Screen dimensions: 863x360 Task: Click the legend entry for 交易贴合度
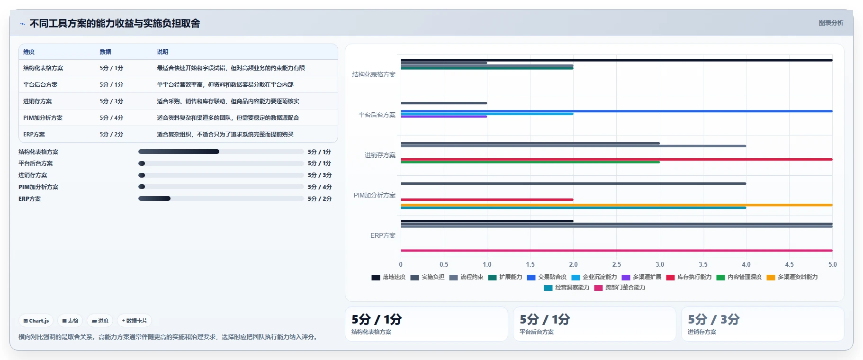(x=547, y=277)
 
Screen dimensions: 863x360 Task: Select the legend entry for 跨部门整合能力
(x=620, y=288)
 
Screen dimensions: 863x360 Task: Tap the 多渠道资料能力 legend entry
(x=792, y=277)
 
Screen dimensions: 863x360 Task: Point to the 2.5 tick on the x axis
(x=617, y=264)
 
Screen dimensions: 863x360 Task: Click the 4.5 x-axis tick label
(x=789, y=264)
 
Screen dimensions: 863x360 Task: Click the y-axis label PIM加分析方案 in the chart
(x=375, y=195)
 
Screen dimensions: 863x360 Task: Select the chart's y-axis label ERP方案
(x=383, y=235)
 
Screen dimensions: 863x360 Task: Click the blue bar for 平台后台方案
(x=617, y=111)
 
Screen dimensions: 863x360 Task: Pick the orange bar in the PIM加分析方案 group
(x=617, y=205)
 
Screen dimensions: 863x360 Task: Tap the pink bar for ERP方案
(x=617, y=251)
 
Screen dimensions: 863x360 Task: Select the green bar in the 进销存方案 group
(x=530, y=162)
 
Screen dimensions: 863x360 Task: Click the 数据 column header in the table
(x=105, y=52)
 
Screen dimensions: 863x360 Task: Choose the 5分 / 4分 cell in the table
(x=111, y=118)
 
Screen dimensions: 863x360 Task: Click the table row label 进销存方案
(x=37, y=101)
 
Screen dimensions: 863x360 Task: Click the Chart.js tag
(x=36, y=321)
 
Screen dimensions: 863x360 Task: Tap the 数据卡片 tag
(x=135, y=321)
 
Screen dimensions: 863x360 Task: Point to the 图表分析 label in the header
(x=831, y=23)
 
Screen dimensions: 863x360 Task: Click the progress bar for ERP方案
(x=221, y=198)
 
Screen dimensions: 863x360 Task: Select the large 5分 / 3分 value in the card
(x=713, y=319)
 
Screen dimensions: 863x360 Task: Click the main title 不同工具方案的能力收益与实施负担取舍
(x=115, y=23)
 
